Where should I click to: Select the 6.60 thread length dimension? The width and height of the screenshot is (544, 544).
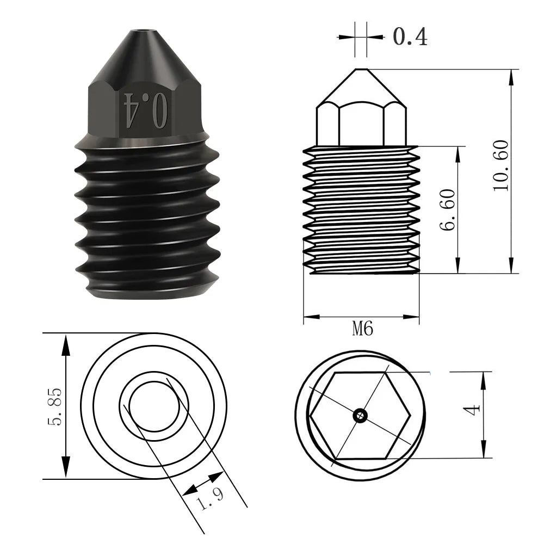(x=447, y=210)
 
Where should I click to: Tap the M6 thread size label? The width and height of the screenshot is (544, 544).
(x=362, y=328)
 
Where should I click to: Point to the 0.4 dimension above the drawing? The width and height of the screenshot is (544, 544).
(x=410, y=36)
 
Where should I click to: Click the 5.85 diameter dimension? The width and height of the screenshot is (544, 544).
(x=54, y=406)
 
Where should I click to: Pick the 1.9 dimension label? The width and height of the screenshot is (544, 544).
(x=209, y=498)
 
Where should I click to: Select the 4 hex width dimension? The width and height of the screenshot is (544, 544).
(x=472, y=410)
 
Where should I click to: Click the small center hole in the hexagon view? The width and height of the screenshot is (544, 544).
(x=361, y=415)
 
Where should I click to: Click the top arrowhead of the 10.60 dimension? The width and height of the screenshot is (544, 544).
(x=511, y=77)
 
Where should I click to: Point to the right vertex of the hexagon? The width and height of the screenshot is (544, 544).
(x=410, y=415)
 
